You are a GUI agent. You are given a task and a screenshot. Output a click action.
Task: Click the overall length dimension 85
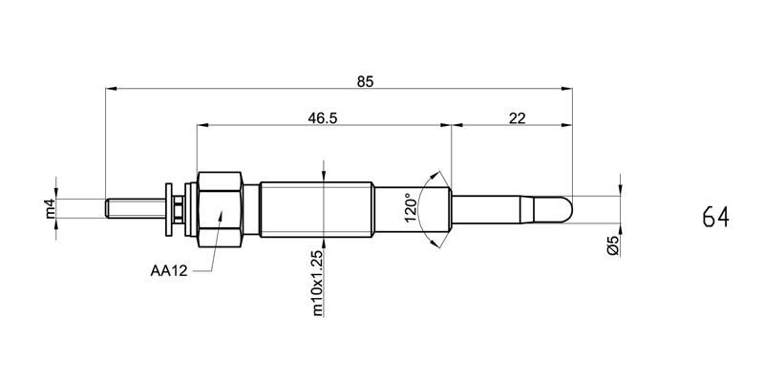click(364, 82)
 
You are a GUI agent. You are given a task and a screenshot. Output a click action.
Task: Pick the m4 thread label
click(51, 208)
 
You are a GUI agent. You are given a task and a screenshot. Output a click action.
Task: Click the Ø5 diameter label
click(613, 245)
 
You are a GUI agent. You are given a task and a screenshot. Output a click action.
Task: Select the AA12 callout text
click(168, 270)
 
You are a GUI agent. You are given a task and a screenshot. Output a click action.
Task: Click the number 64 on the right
click(715, 217)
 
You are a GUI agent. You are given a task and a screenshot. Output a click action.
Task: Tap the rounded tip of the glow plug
click(563, 208)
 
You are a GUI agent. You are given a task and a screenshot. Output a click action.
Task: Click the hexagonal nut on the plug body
click(220, 207)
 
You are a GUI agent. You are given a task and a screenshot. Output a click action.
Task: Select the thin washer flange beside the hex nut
click(169, 207)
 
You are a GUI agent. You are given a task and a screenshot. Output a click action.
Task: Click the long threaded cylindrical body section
click(315, 207)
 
